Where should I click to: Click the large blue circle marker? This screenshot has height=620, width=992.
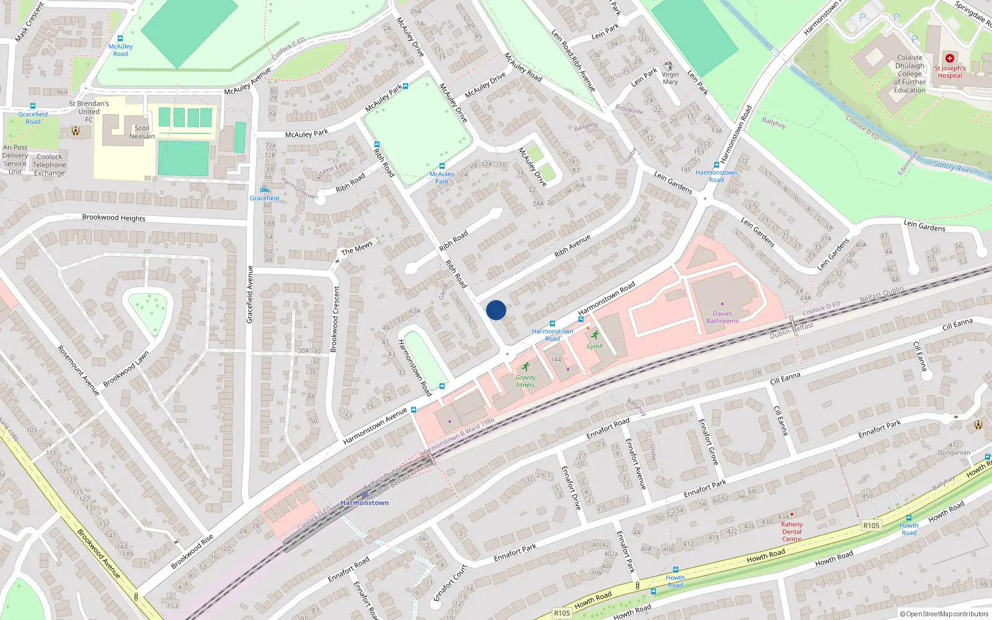(x=496, y=310)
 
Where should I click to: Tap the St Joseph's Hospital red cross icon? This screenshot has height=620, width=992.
(x=949, y=58)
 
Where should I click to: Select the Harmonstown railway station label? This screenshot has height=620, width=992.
(x=365, y=503)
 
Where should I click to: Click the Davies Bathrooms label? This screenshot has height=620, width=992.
(x=722, y=317)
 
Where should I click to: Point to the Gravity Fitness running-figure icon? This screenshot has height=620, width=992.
(x=526, y=366)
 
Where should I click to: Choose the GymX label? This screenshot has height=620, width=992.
(x=594, y=346)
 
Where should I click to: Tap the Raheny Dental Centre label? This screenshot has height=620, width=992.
(x=792, y=531)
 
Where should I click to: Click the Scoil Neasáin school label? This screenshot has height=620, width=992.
(x=142, y=132)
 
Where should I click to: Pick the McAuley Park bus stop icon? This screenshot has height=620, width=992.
(x=441, y=166)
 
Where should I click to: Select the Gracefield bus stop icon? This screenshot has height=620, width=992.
(x=265, y=190)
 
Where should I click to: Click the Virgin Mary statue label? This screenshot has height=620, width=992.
(x=670, y=77)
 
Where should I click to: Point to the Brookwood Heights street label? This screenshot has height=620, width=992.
(x=113, y=218)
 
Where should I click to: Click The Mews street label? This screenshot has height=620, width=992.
(x=357, y=247)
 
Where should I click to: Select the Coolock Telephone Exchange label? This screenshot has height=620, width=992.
(x=50, y=165)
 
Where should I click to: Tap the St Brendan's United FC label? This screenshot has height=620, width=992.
(x=89, y=112)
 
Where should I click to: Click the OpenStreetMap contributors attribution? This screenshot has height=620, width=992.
(x=944, y=614)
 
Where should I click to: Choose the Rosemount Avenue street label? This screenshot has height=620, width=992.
(x=78, y=370)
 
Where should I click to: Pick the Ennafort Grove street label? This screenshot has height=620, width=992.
(x=708, y=442)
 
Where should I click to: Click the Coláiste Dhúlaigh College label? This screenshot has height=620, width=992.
(x=910, y=74)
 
